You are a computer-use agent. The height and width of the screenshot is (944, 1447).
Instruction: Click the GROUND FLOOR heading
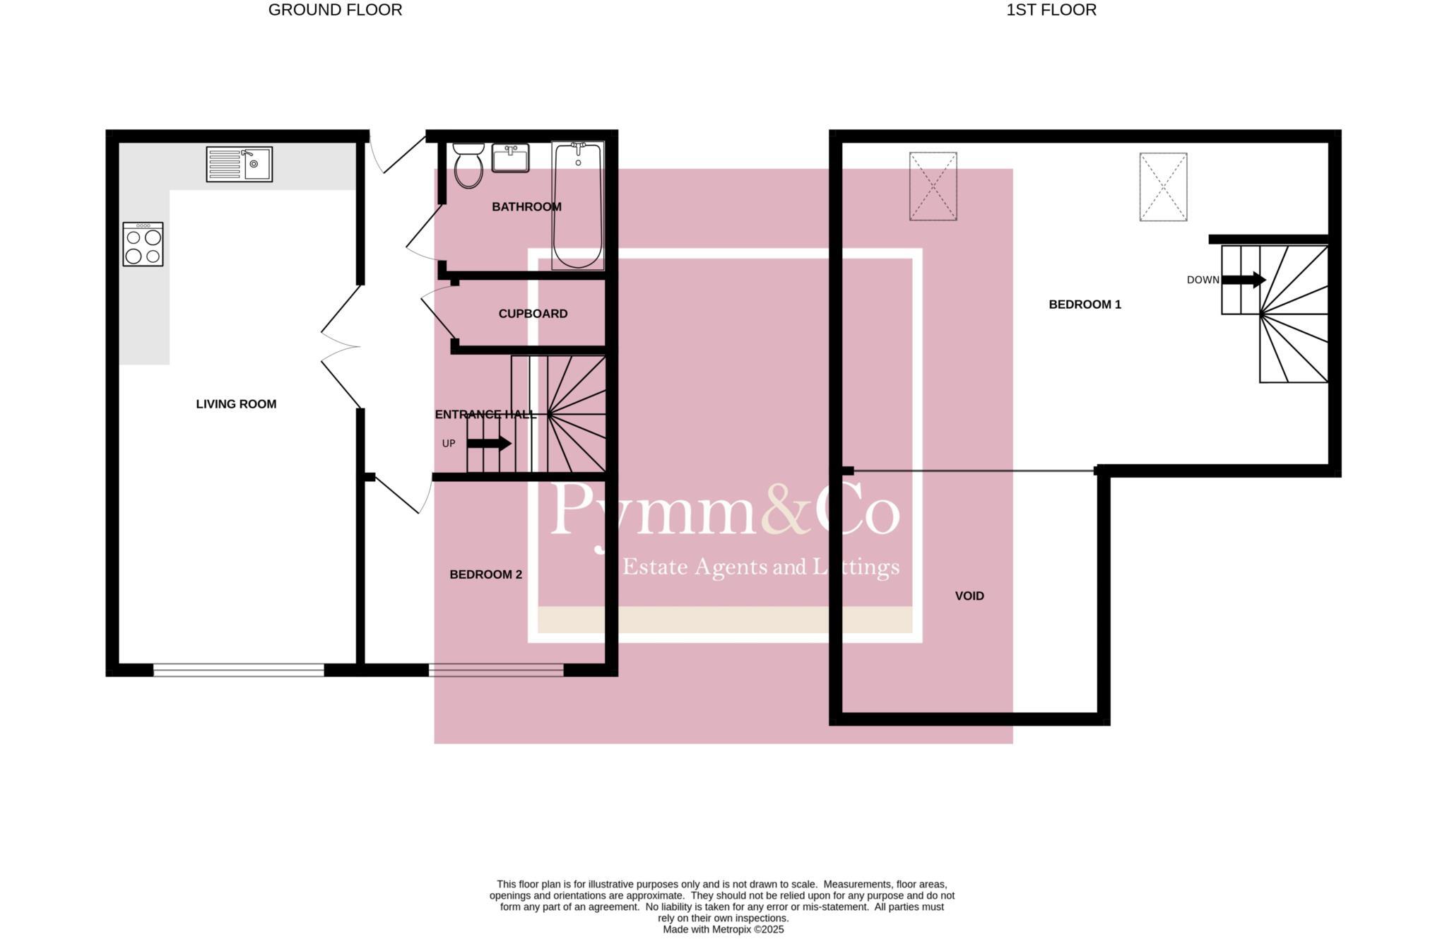coord(335,10)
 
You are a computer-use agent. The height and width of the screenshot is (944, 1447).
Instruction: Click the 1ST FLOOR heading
coord(1051,10)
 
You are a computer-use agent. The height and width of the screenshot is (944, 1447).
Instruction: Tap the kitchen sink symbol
coord(239,164)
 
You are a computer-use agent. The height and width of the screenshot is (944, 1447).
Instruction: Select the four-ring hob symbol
coord(143,244)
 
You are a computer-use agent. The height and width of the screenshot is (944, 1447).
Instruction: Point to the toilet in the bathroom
coord(468,165)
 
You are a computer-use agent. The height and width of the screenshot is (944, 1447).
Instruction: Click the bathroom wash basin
coord(510,158)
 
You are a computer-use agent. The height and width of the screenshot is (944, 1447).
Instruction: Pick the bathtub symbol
coord(577,205)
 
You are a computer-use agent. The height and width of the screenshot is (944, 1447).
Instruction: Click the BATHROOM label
coord(526,207)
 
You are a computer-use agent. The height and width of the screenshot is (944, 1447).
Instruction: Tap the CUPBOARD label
coord(533,314)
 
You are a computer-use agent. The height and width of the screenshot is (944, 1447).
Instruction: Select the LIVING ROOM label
coord(236,404)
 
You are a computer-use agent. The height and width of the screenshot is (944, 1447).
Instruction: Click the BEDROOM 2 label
coord(485,574)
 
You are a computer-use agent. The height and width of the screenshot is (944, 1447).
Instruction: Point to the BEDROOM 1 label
coord(1085,305)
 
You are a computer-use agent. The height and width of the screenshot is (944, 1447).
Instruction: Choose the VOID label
coord(969,596)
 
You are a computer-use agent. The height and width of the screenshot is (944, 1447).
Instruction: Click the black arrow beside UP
coord(489,444)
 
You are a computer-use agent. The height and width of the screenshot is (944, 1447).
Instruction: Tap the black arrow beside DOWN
coord(1244,280)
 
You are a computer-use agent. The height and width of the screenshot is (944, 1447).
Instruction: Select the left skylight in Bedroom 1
coord(933,187)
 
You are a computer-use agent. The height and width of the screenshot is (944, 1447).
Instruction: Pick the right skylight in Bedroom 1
coord(1163,187)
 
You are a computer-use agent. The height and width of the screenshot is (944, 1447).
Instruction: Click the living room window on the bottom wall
coord(239,670)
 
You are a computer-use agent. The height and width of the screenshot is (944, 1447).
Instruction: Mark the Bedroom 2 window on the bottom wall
coord(496,670)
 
